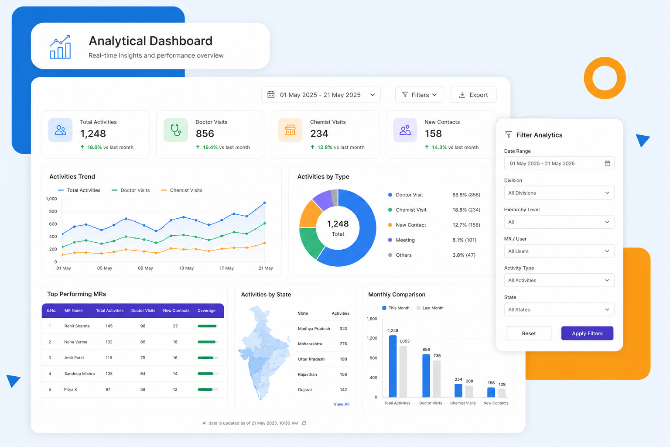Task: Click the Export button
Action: coord(473,95)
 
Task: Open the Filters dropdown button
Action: coord(419,95)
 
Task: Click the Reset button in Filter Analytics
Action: coord(529,333)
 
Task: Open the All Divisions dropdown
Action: coord(559,193)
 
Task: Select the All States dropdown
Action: coord(559,309)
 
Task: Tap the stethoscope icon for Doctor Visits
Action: coord(176,130)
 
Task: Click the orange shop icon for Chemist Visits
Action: coord(290,130)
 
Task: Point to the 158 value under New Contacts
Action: coord(433,134)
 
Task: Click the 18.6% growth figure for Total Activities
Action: coord(95,147)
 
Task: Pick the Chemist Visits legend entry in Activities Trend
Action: coord(181,190)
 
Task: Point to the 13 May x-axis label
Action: coord(186,268)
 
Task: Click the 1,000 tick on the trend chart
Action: coord(51,199)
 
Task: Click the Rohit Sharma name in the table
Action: coord(77,326)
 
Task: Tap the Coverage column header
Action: coord(206,310)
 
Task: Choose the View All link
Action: coord(341,404)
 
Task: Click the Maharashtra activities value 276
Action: coord(343,344)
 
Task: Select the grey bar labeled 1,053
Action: coord(403,371)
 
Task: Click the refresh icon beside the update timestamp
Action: coord(304,423)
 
